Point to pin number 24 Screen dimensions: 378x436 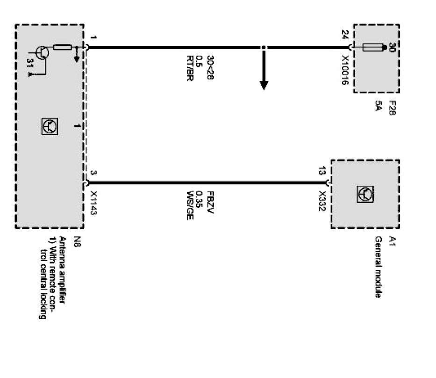tap(344, 35)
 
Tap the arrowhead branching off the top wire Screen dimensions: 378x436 tap(264, 84)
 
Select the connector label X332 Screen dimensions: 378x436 tap(322, 201)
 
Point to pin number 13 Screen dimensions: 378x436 tap(322, 172)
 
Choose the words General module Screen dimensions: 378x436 tap(379, 267)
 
